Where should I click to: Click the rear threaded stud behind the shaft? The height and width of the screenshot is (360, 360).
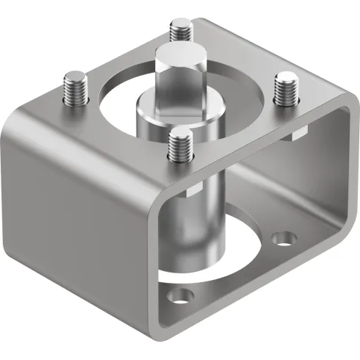pyautogui.click(x=179, y=30)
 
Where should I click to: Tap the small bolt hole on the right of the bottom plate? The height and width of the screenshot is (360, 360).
pyautogui.click(x=282, y=239)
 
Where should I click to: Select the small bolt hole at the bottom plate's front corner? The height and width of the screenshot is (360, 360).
pyautogui.click(x=176, y=297)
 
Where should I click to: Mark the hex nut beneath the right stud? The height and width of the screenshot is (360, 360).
pyautogui.click(x=298, y=132)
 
